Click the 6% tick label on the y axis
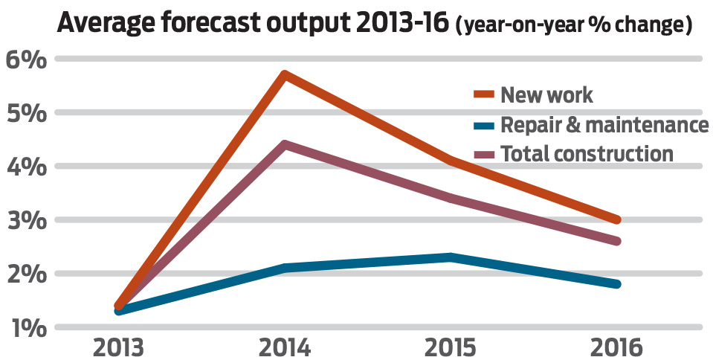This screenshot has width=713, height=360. point(25,60)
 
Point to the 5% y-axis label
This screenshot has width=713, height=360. point(25,113)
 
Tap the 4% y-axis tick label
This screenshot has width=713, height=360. point(25,167)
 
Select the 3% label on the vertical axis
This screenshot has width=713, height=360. point(25,220)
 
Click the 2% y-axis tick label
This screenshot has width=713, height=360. point(25,274)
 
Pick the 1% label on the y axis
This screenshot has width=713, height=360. point(25,327)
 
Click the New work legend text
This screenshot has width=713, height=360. point(547,94)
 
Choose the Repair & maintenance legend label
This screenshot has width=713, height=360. point(604,124)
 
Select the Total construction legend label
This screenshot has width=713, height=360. point(587,154)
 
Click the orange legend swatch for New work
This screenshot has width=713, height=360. point(485,95)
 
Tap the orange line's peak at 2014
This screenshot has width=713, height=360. point(285,75)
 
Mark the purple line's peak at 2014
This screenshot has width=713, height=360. point(285,144)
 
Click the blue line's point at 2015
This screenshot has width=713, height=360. point(451,257)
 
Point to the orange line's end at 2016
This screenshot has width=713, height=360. point(616,220)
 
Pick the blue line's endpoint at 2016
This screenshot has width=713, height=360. point(616,284)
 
